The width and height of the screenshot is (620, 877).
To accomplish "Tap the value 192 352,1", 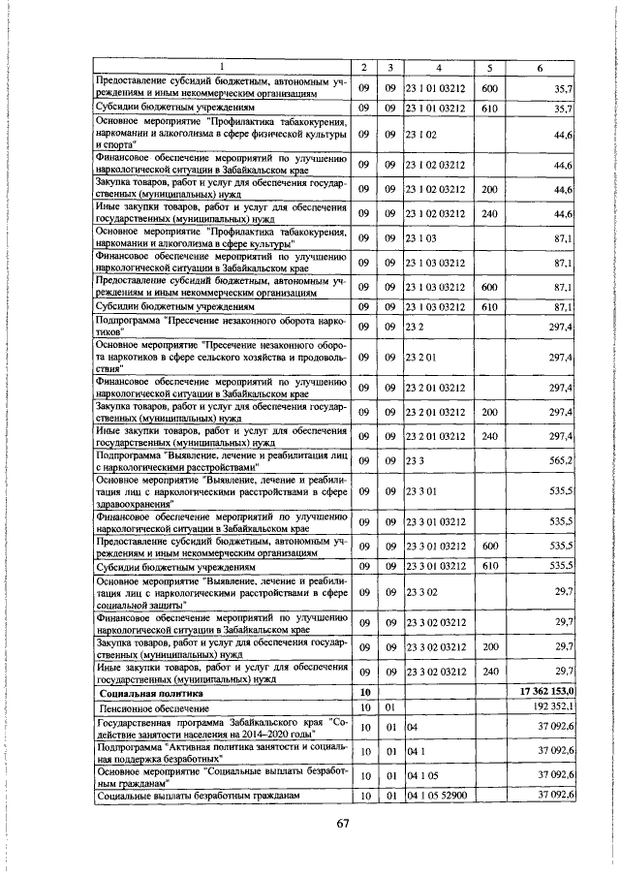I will point(557,708).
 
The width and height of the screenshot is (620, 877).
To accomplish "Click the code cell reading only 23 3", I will point(416,462).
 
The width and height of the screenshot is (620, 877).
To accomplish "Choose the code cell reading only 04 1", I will point(414,751).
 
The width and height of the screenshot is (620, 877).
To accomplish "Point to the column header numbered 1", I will point(221,67).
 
